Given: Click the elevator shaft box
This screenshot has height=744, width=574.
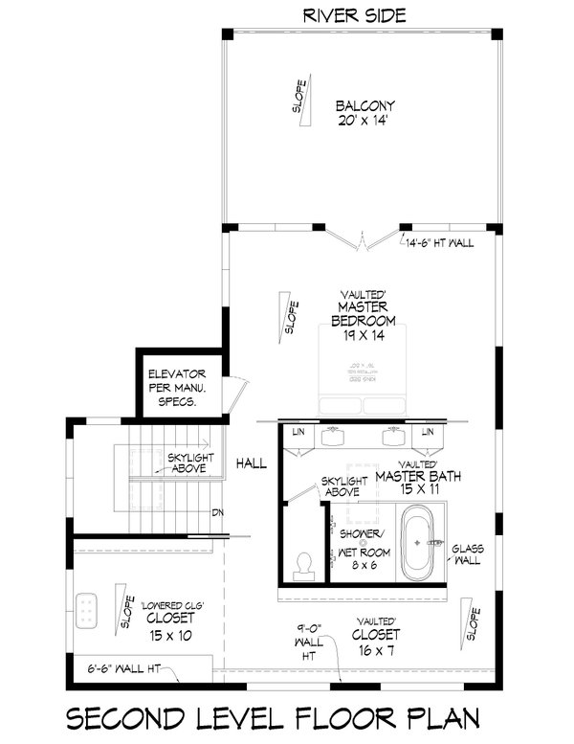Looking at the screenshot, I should coord(172,386).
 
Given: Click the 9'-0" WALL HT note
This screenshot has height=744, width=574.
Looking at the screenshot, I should coord(306,641).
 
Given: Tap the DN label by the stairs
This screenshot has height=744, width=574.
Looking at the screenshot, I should coord(217,511).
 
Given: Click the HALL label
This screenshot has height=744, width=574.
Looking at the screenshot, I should coord(252,463).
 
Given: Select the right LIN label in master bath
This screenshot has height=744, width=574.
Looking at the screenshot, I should coord(428,434).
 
